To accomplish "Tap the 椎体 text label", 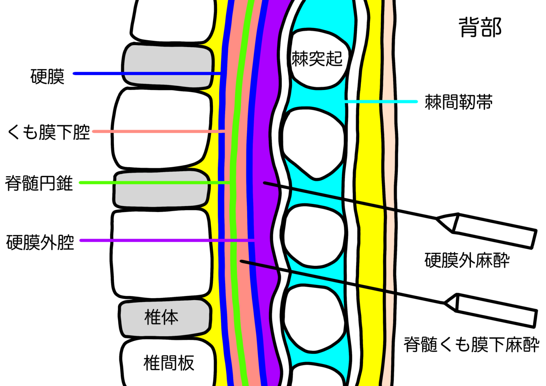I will [x=161, y=317].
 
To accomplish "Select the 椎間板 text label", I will [x=169, y=363].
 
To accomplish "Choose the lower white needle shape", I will [x=495, y=310].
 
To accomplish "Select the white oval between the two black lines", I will [x=314, y=235].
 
